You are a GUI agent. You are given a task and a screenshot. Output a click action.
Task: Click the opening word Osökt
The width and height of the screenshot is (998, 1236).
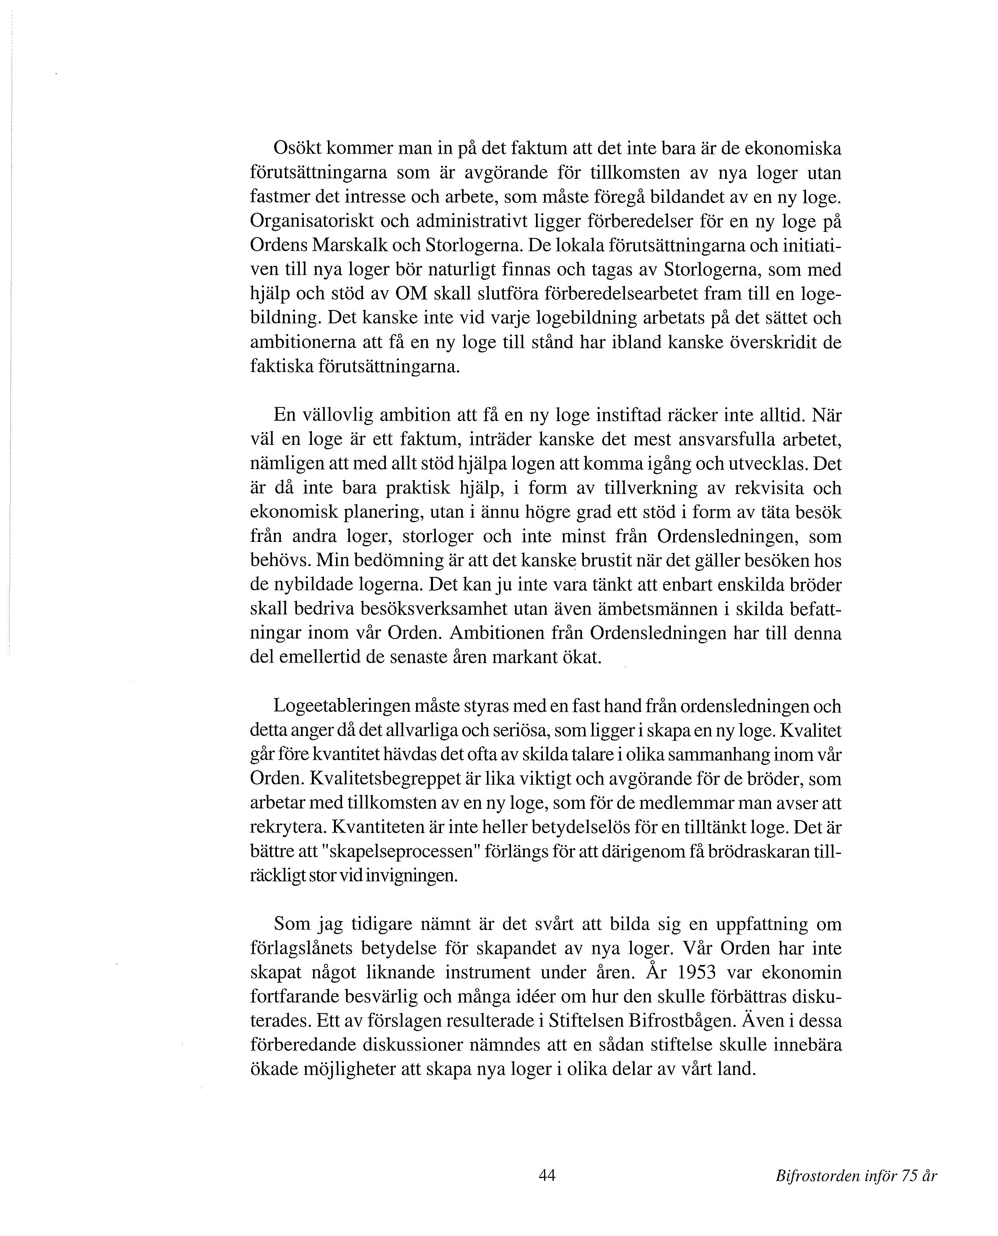click(296, 149)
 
